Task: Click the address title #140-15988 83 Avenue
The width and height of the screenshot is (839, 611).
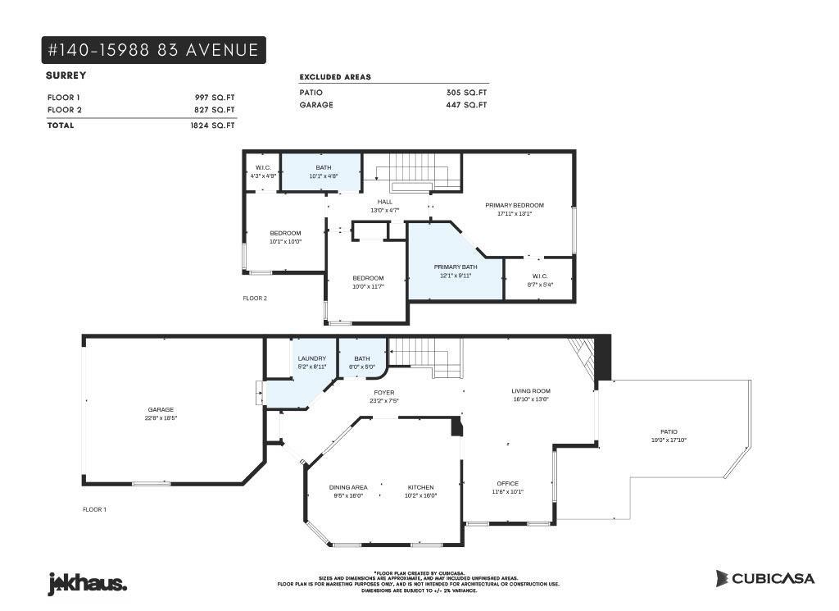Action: point(153,50)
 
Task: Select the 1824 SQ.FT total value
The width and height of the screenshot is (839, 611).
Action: point(212,125)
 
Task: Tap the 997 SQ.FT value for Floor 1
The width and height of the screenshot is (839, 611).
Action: point(214,97)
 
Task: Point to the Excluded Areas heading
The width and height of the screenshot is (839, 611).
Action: point(335,77)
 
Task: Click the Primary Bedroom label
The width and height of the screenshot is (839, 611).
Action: point(514,205)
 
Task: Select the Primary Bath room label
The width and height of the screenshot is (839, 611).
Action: point(456,267)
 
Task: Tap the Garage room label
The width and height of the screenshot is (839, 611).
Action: point(161,409)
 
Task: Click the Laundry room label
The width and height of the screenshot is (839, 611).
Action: point(311,358)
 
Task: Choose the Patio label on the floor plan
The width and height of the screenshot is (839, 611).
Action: point(669,431)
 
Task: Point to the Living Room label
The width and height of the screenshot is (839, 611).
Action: point(530,391)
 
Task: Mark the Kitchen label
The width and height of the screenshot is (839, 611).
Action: point(420,487)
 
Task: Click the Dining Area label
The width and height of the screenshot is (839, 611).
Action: point(348,487)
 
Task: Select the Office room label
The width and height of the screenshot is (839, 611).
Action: point(507,483)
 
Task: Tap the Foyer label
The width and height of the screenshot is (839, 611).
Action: point(385,393)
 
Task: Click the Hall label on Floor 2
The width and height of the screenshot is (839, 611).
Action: point(384,202)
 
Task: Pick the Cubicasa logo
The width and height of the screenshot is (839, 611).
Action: point(764,578)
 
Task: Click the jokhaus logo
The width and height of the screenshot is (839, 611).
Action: point(87,583)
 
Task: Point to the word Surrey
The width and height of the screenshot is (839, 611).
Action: point(66,75)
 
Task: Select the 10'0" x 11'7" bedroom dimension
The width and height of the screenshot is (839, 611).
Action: point(368,286)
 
